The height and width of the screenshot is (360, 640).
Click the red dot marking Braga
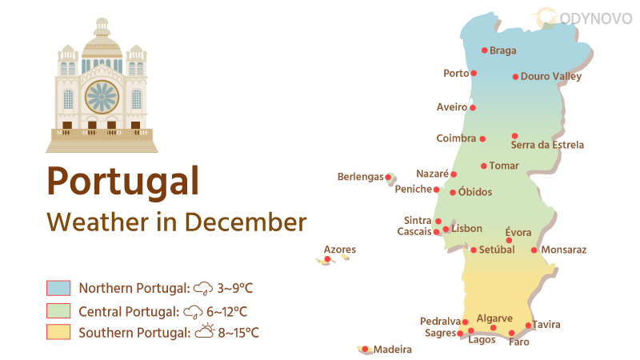tap(484, 50)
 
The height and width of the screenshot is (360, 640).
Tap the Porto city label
tap(456, 74)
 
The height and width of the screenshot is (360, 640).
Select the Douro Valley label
tap(550, 77)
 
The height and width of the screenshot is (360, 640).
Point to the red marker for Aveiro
tap(473, 107)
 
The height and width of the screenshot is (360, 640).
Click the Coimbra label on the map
tap(456, 138)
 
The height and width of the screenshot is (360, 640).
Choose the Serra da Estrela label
tap(547, 146)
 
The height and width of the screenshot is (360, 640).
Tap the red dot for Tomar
tap(483, 166)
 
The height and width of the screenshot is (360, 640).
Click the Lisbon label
tap(467, 229)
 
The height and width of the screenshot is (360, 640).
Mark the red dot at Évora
tap(509, 240)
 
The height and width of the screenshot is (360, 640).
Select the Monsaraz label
tap(564, 250)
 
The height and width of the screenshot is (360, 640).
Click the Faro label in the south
tap(518, 342)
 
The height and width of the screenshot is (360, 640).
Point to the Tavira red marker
tap(528, 326)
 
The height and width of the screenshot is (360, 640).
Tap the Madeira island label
tap(393, 350)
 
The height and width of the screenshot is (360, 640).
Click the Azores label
tap(340, 250)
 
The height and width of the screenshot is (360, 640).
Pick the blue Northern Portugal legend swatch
tap(58, 288)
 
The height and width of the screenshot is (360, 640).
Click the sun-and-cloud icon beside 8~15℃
tap(205, 331)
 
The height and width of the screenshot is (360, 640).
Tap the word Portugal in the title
tap(122, 181)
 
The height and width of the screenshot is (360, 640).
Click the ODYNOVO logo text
tap(595, 16)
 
